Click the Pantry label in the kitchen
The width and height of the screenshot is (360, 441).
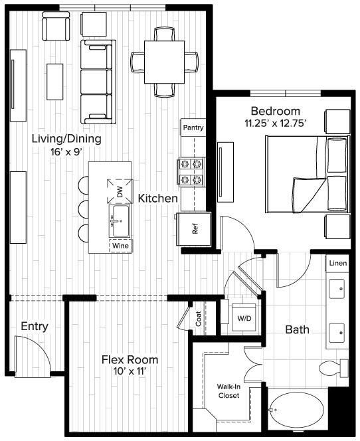(x=193, y=128)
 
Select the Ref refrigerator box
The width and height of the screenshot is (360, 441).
(x=194, y=229)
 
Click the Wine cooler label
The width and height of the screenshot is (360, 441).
(x=120, y=246)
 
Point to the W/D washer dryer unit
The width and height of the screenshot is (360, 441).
(x=244, y=318)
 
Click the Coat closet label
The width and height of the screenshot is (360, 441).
(x=198, y=319)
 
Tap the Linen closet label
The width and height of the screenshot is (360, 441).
(x=337, y=264)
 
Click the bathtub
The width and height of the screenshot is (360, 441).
(x=298, y=411)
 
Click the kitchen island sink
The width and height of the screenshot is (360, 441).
(x=120, y=217)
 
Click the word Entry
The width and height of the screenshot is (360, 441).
(x=35, y=327)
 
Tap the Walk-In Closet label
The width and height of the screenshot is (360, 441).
(x=228, y=391)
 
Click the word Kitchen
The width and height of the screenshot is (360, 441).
(x=157, y=198)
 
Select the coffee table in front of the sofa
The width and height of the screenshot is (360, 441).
(x=55, y=75)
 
